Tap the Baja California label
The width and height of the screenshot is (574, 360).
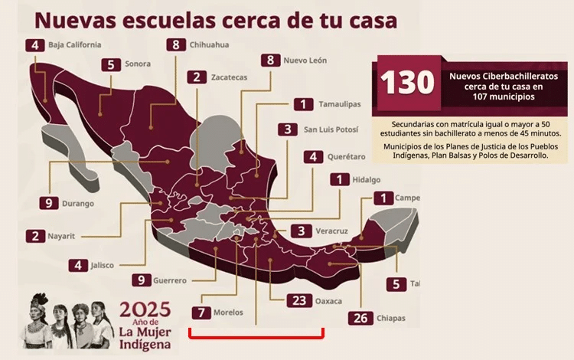pyautogui.click(x=74, y=45)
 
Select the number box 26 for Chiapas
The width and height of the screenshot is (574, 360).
pyautogui.click(x=360, y=317)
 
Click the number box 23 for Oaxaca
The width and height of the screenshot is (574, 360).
pyautogui.click(x=298, y=300)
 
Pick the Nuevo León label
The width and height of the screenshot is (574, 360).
pyautogui.click(x=306, y=60)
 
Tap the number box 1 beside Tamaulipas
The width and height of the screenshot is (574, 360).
pyautogui.click(x=303, y=104)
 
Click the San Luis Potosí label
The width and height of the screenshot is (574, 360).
pyautogui.click(x=334, y=129)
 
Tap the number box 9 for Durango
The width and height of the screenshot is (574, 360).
pyautogui.click(x=47, y=203)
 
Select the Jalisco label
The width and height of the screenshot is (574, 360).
pyautogui.click(x=101, y=265)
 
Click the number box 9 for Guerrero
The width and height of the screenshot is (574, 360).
pyautogui.click(x=141, y=280)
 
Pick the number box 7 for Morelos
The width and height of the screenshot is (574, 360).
pyautogui.click(x=201, y=313)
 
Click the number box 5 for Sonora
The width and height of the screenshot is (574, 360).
pyautogui.click(x=111, y=65)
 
